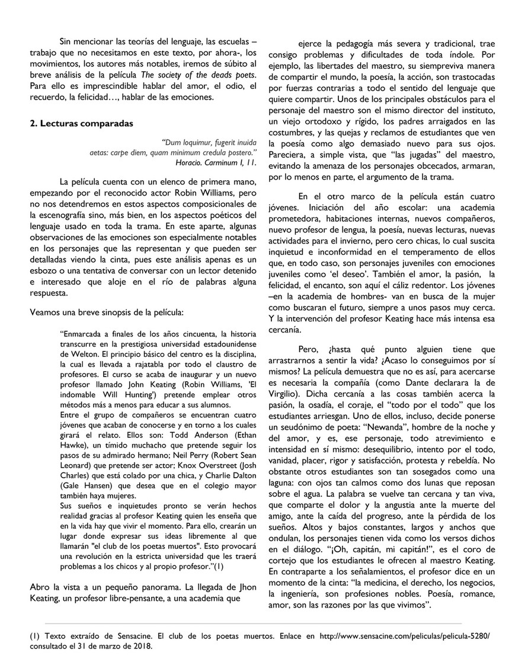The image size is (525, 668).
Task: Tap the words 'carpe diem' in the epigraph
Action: point(127,152)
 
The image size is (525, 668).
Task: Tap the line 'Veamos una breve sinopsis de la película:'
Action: point(107,311)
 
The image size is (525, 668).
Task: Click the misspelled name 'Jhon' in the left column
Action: point(248,587)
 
